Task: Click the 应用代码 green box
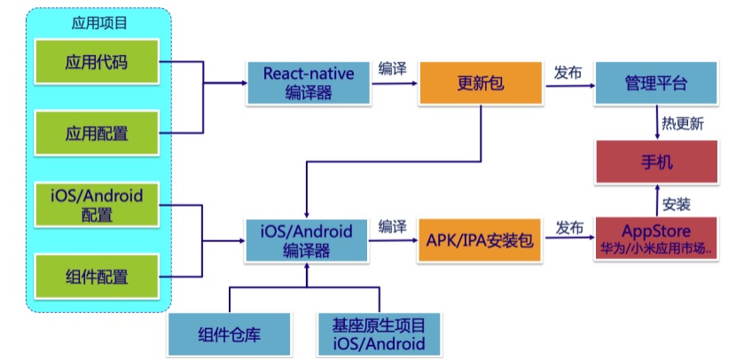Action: click(97, 64)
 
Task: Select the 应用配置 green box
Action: click(97, 133)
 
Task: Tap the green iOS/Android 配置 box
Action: click(97, 204)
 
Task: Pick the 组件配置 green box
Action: click(97, 275)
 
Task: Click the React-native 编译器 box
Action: click(309, 83)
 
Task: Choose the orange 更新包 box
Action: click(481, 83)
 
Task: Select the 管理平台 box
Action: click(656, 83)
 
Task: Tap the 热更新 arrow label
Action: click(683, 123)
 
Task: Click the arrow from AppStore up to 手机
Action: click(656, 200)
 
